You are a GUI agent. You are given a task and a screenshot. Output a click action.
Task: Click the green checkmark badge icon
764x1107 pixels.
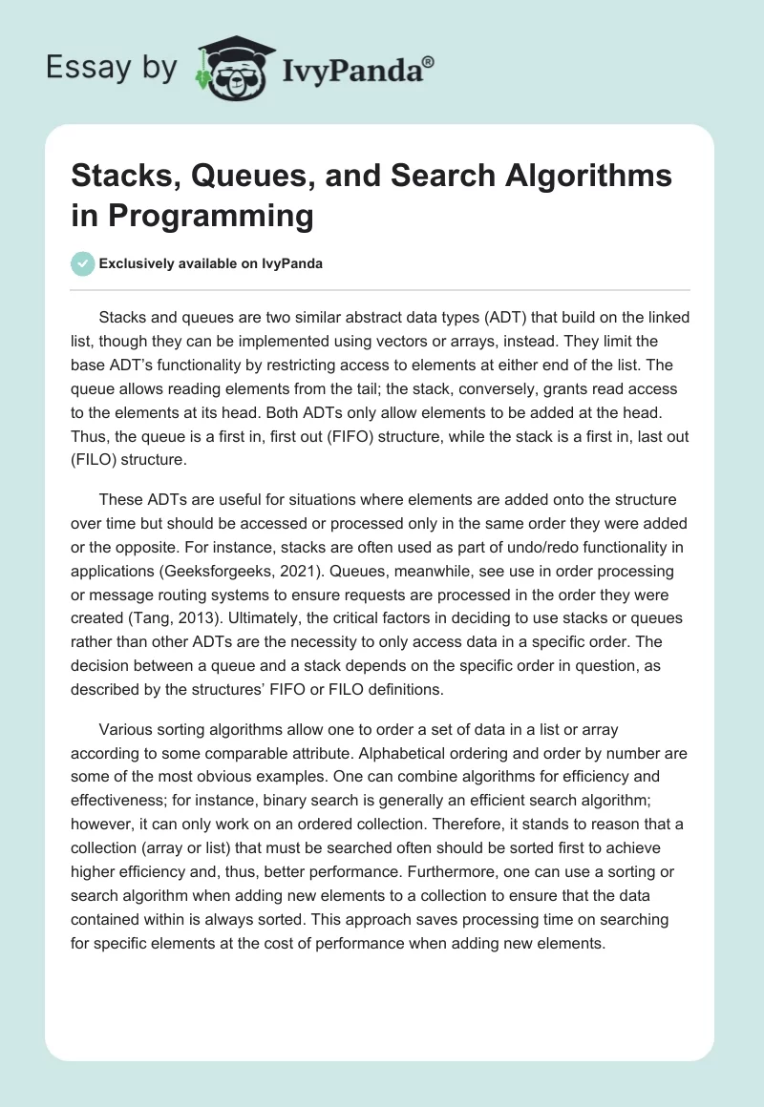(x=83, y=263)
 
